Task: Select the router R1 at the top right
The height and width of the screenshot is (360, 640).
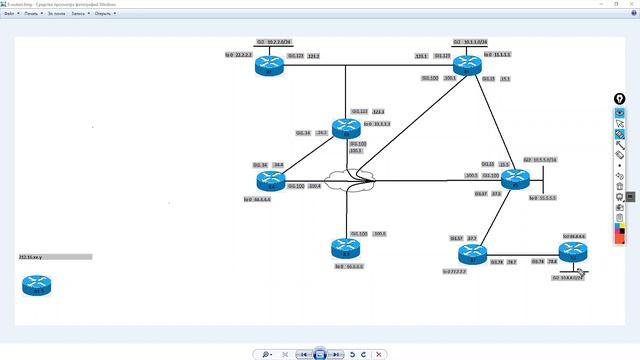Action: click(466, 66)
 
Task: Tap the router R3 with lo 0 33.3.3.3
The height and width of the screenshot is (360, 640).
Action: click(345, 127)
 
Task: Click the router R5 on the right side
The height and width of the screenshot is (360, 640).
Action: click(514, 180)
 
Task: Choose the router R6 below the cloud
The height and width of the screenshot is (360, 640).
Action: click(345, 249)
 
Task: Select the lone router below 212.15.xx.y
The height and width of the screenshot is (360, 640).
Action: click(37, 285)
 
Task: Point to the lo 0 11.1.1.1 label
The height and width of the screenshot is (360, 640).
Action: click(497, 55)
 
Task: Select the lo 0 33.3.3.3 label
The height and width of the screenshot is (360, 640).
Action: click(378, 125)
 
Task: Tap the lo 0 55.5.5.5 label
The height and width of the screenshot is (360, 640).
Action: click(541, 198)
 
